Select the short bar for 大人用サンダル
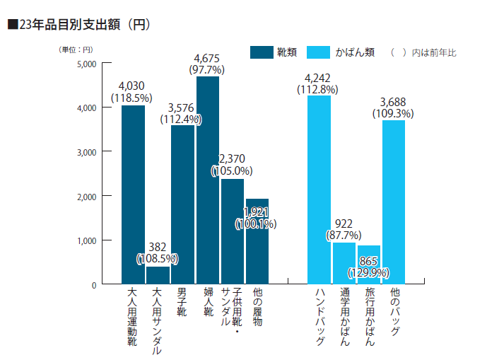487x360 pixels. (158, 275)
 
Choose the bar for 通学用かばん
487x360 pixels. (344, 263)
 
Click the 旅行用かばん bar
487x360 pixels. (369, 266)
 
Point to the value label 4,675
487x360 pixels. (208, 58)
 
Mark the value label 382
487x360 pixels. (158, 247)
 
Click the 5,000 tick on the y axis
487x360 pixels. (85, 64)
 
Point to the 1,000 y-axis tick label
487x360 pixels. (85, 240)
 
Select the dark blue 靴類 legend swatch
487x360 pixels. (262, 52)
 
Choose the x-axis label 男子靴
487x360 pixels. (182, 301)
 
